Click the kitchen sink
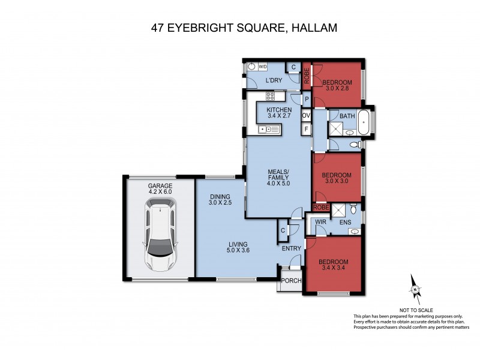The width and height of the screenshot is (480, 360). pos(265,130)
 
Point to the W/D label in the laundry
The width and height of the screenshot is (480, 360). pos(263,68)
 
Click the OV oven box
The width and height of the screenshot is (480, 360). pos(306,115)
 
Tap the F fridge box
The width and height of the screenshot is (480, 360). pos(306,129)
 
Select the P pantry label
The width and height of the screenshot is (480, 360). pos(306,100)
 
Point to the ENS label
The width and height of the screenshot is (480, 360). pos(345,223)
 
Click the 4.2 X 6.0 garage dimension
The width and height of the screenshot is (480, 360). pos(160,193)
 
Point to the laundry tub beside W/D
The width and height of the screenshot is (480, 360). pos(252,68)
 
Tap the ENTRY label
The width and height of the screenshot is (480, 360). pos(292,247)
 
